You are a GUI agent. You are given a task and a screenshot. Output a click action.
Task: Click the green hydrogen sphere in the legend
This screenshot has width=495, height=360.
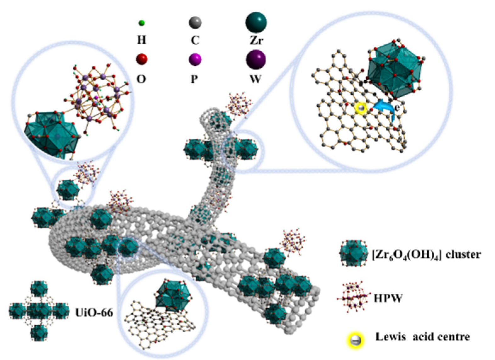142,23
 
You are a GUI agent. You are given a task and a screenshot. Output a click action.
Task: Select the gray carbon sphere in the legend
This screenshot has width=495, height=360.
195,23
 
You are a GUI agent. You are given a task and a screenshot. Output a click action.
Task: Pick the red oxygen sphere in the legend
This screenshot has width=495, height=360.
142,59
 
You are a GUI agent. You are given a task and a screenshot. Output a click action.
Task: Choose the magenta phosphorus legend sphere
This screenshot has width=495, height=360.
195,59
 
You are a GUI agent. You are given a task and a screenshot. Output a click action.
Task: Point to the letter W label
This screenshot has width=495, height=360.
256,79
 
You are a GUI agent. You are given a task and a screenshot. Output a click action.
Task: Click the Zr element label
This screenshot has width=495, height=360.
256,40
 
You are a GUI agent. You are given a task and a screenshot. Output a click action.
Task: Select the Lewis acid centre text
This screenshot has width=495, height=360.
423,337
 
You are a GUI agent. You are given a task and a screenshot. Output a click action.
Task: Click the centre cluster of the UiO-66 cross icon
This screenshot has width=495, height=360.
39,312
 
